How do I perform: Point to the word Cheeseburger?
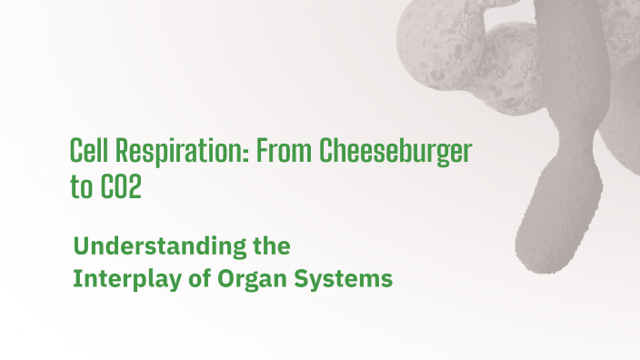(395, 153)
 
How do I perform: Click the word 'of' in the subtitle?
(200, 279)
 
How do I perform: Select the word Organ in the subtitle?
(249, 279)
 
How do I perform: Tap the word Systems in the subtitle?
(343, 279)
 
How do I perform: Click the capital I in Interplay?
(76, 279)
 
